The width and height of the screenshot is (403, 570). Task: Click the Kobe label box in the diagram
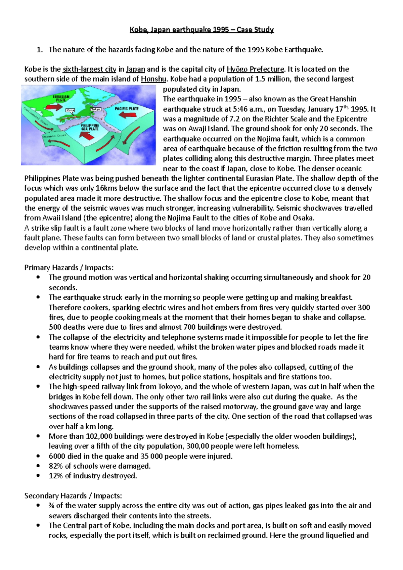[x=71, y=110]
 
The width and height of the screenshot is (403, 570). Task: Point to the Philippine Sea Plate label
[x=90, y=127]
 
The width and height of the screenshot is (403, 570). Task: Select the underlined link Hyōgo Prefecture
[x=256, y=69]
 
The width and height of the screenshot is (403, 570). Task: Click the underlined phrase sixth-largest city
[x=89, y=69]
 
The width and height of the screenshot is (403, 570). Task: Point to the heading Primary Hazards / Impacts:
[x=69, y=268]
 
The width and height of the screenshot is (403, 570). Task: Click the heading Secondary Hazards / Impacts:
[x=73, y=496]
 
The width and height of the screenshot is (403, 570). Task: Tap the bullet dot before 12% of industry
[x=39, y=476]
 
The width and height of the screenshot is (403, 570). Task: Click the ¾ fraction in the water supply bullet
[x=51, y=506]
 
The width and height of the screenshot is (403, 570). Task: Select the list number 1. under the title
[x=40, y=50]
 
